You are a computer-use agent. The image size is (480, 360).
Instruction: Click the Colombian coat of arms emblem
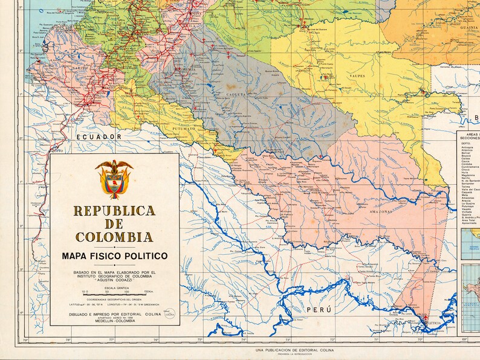(114, 179)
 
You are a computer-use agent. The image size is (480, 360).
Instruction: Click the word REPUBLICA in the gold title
(114, 211)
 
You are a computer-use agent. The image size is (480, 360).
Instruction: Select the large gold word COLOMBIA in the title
(114, 236)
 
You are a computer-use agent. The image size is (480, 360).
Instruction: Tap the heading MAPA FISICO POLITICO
(114, 256)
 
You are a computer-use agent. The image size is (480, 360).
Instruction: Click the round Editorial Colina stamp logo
(170, 312)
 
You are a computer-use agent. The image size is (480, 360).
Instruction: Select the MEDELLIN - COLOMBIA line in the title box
(114, 321)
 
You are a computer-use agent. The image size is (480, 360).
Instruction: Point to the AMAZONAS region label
(378, 211)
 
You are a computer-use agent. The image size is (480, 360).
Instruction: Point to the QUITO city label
(57, 152)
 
